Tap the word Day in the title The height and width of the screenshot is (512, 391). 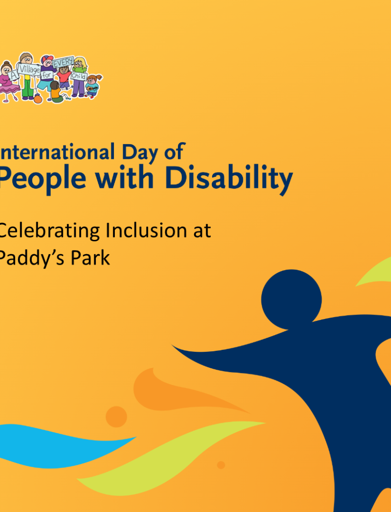pyautogui.click(x=139, y=153)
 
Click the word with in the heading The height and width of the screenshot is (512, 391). pyautogui.click(x=124, y=177)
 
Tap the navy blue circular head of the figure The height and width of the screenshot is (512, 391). pyautogui.click(x=291, y=299)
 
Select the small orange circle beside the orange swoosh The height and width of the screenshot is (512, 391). pyautogui.click(x=116, y=417)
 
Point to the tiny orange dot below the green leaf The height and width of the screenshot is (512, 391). pyautogui.click(x=221, y=465)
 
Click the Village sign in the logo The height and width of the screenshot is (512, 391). pyautogui.click(x=29, y=69)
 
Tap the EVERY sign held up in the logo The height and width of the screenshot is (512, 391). pyautogui.click(x=64, y=62)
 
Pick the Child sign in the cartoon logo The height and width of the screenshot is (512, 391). pyautogui.click(x=79, y=76)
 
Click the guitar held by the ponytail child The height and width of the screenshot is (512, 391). pyautogui.click(x=92, y=88)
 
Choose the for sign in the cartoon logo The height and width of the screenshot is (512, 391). pyautogui.click(x=47, y=75)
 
